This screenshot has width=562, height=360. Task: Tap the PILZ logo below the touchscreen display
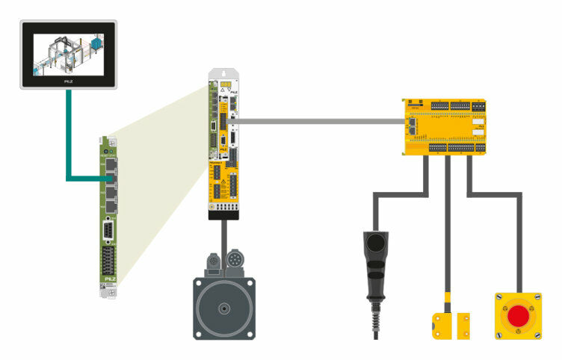68,78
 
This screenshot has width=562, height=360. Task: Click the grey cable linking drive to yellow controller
321,120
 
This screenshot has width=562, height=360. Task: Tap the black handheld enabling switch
376,253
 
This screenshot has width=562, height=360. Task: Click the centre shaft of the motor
223,308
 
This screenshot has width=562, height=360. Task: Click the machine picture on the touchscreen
67,53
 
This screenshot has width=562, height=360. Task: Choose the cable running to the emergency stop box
493,193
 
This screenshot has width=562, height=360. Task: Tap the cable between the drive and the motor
223,239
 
